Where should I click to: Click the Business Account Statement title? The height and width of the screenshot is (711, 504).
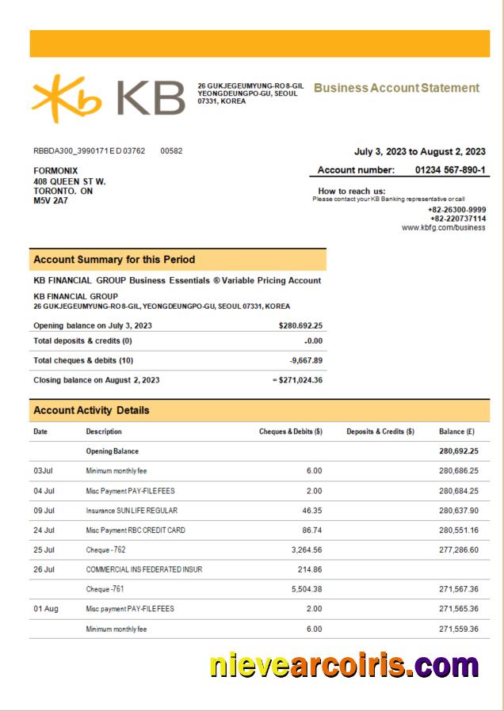tap(396, 88)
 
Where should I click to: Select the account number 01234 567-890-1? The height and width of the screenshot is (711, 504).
tap(450, 169)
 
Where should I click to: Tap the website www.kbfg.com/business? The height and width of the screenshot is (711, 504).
tap(444, 227)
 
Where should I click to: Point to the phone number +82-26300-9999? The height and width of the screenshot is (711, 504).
tap(457, 209)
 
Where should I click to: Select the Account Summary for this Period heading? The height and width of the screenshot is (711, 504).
tap(114, 260)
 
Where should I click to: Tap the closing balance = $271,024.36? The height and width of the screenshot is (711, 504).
tap(296, 380)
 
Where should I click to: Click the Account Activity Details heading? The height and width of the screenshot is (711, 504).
tap(91, 410)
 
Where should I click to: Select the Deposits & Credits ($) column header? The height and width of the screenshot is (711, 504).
tap(380, 432)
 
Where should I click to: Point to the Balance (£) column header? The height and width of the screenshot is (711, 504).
tap(456, 432)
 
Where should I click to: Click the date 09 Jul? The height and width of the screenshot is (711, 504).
tap(44, 511)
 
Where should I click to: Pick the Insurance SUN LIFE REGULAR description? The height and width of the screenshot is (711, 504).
tap(132, 511)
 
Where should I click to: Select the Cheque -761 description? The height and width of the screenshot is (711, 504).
tap(105, 589)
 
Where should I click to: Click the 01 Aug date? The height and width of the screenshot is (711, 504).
tap(45, 609)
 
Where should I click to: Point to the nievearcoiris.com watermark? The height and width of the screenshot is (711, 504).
tap(345, 664)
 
